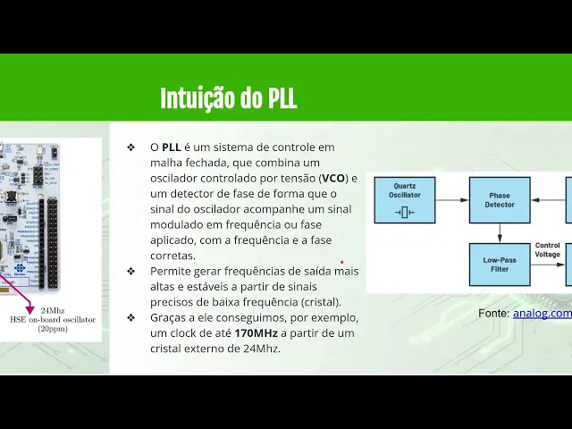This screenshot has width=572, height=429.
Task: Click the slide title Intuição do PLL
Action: click(x=228, y=98)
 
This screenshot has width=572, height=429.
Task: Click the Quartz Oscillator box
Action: click(x=404, y=200)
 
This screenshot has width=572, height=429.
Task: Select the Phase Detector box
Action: click(x=500, y=200)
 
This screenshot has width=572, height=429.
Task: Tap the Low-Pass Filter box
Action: click(x=500, y=264)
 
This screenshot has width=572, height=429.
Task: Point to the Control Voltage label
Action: click(x=547, y=249)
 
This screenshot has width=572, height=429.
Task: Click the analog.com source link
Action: click(x=542, y=313)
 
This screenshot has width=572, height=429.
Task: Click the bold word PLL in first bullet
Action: click(x=172, y=147)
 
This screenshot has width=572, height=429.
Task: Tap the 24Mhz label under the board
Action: click(x=53, y=311)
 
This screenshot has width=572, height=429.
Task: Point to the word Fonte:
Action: click(x=493, y=313)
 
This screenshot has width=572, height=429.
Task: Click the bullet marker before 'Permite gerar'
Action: click(x=131, y=271)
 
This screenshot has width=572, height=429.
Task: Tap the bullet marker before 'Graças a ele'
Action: click(x=131, y=318)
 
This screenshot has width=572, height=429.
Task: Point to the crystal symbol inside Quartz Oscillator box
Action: click(x=404, y=211)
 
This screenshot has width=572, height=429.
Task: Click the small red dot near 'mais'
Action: click(x=341, y=263)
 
